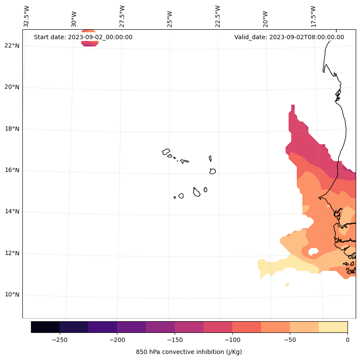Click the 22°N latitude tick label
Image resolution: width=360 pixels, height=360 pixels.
pos(12,46)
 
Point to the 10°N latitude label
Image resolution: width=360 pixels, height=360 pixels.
pos(12,295)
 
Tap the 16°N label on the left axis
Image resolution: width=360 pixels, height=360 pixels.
pos(12,170)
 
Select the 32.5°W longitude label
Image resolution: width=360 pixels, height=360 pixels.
pos(27,16)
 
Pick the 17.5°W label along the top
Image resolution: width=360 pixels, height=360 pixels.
pos(313,16)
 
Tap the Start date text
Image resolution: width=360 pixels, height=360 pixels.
pos(83,37)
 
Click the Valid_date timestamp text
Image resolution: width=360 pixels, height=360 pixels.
pos(289,37)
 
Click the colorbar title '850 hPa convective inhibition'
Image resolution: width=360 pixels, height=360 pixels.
pos(189,352)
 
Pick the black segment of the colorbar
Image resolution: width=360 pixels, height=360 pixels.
pos(45,327)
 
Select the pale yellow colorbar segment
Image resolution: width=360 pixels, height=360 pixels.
pos(333,327)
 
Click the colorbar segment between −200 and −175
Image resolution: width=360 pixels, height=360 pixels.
pos(131,327)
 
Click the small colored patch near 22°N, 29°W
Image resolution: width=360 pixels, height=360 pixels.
pos(89,38)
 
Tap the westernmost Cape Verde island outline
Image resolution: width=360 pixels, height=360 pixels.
pos(166,152)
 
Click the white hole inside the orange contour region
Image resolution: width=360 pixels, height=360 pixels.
pos(314,251)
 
